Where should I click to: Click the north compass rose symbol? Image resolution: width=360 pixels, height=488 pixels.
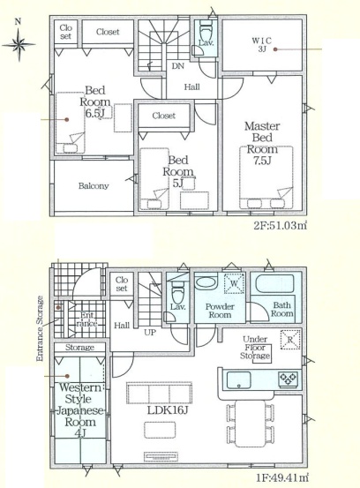[x=19, y=44]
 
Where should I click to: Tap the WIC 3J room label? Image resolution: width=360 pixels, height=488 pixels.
[x=262, y=44]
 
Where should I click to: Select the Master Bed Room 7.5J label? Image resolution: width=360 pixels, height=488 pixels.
[x=262, y=144]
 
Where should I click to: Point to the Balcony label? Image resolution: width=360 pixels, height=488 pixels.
[x=94, y=186]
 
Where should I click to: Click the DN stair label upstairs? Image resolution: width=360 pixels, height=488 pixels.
[x=178, y=66]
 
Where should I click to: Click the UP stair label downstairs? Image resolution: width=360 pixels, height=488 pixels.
[x=150, y=333]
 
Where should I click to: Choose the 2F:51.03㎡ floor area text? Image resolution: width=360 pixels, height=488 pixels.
[x=281, y=225]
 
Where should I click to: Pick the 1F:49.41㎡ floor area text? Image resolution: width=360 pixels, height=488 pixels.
[x=282, y=477]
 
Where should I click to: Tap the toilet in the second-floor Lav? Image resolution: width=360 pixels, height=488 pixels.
[x=205, y=30]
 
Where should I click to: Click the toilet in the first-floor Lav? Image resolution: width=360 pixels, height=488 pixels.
[x=177, y=292]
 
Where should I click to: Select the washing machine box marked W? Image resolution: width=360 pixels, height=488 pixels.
[x=234, y=283]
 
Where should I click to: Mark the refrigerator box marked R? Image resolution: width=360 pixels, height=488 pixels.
[x=290, y=340]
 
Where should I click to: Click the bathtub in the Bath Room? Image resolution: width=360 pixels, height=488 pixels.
[x=274, y=283]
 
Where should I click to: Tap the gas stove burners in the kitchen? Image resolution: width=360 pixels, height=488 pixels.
[x=289, y=379]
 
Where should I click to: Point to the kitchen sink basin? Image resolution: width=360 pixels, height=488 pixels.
[x=238, y=380]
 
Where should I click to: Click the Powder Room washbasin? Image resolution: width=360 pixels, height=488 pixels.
[x=206, y=283]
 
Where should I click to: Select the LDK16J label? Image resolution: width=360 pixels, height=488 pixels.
[x=168, y=410]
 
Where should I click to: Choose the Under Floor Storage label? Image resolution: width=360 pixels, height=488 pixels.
[x=255, y=348]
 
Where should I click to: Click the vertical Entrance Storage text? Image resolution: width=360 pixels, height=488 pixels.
[x=40, y=328]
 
